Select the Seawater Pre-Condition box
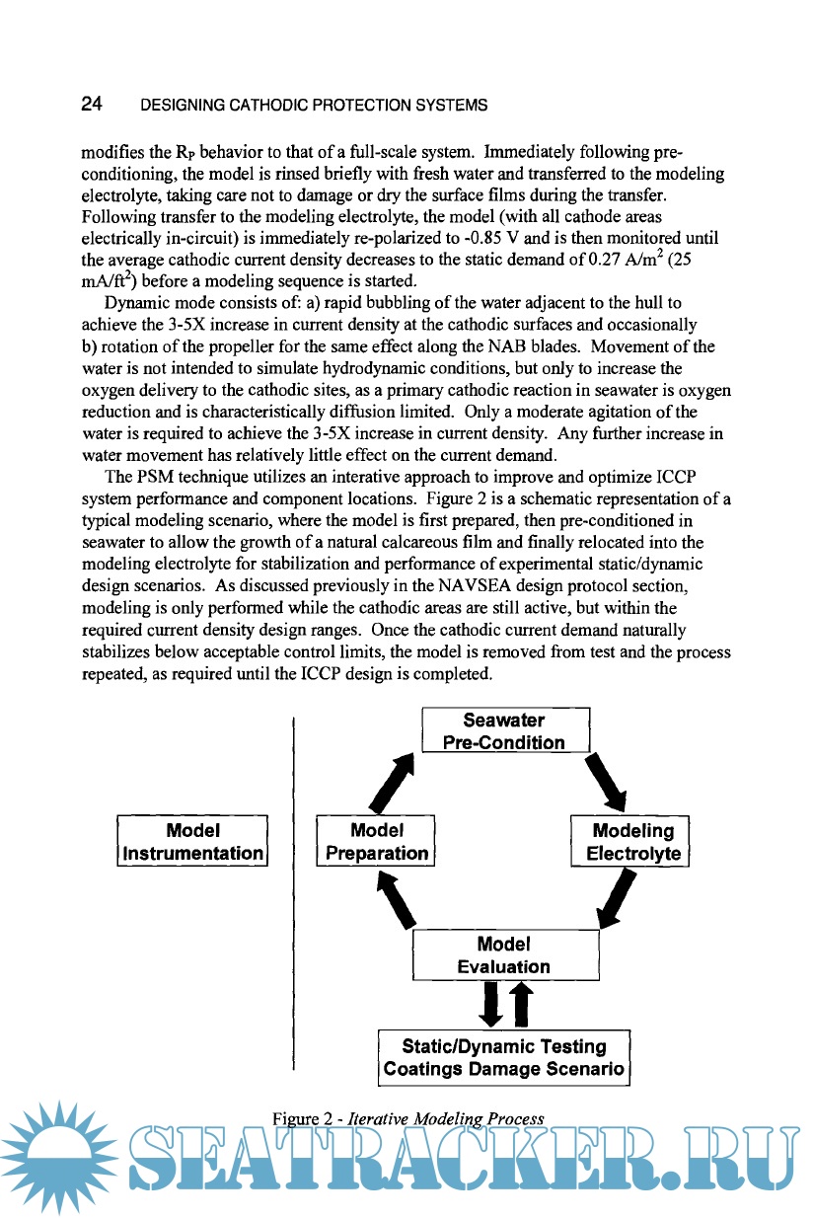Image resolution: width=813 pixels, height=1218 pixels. [504, 731]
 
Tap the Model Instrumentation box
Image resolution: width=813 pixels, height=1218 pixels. [192, 841]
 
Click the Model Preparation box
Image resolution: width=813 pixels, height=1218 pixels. [377, 841]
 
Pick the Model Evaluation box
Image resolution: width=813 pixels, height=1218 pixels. [504, 955]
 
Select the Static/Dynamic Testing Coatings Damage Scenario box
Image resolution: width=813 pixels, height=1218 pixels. [504, 1057]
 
